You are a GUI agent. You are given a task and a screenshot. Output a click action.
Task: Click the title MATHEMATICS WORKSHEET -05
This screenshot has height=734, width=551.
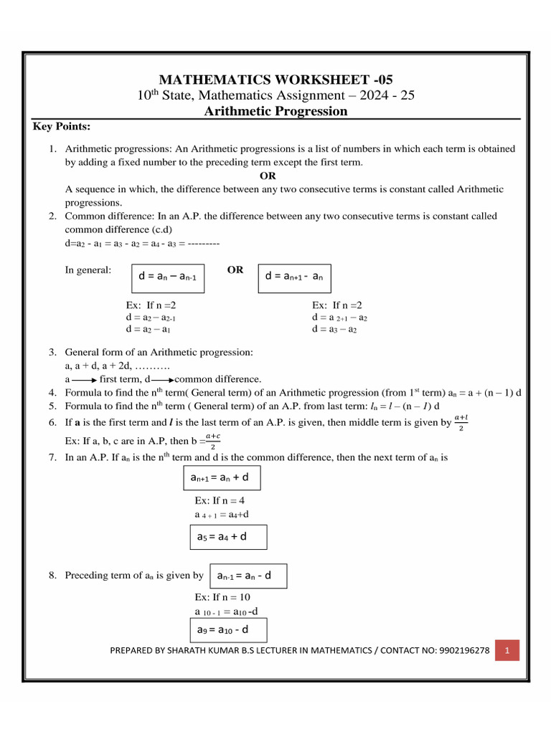(x=275, y=80)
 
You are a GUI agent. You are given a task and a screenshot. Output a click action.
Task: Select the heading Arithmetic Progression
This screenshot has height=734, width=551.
(x=275, y=111)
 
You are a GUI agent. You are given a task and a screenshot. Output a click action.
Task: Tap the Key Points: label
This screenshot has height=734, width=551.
(x=62, y=127)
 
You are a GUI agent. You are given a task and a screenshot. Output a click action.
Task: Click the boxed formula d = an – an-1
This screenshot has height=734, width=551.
(x=167, y=277)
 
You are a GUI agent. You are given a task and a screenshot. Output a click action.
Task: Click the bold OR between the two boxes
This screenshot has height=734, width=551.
(x=235, y=270)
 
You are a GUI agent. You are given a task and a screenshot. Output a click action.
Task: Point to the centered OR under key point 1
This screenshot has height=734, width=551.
(x=267, y=176)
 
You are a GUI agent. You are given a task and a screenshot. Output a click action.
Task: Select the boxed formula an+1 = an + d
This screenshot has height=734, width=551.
(x=222, y=477)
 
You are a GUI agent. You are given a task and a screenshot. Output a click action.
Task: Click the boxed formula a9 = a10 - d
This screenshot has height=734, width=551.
(x=226, y=630)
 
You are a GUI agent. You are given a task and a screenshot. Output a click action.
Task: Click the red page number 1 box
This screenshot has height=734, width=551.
(x=507, y=651)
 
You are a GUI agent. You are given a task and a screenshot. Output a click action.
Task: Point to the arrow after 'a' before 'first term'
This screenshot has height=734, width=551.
(x=84, y=379)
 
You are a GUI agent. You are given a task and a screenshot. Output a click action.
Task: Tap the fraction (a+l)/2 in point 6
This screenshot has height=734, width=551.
(x=461, y=423)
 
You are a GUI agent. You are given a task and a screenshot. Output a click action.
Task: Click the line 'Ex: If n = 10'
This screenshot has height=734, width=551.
(x=222, y=597)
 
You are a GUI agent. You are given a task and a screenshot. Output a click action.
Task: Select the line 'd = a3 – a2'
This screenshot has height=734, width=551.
(x=334, y=330)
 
